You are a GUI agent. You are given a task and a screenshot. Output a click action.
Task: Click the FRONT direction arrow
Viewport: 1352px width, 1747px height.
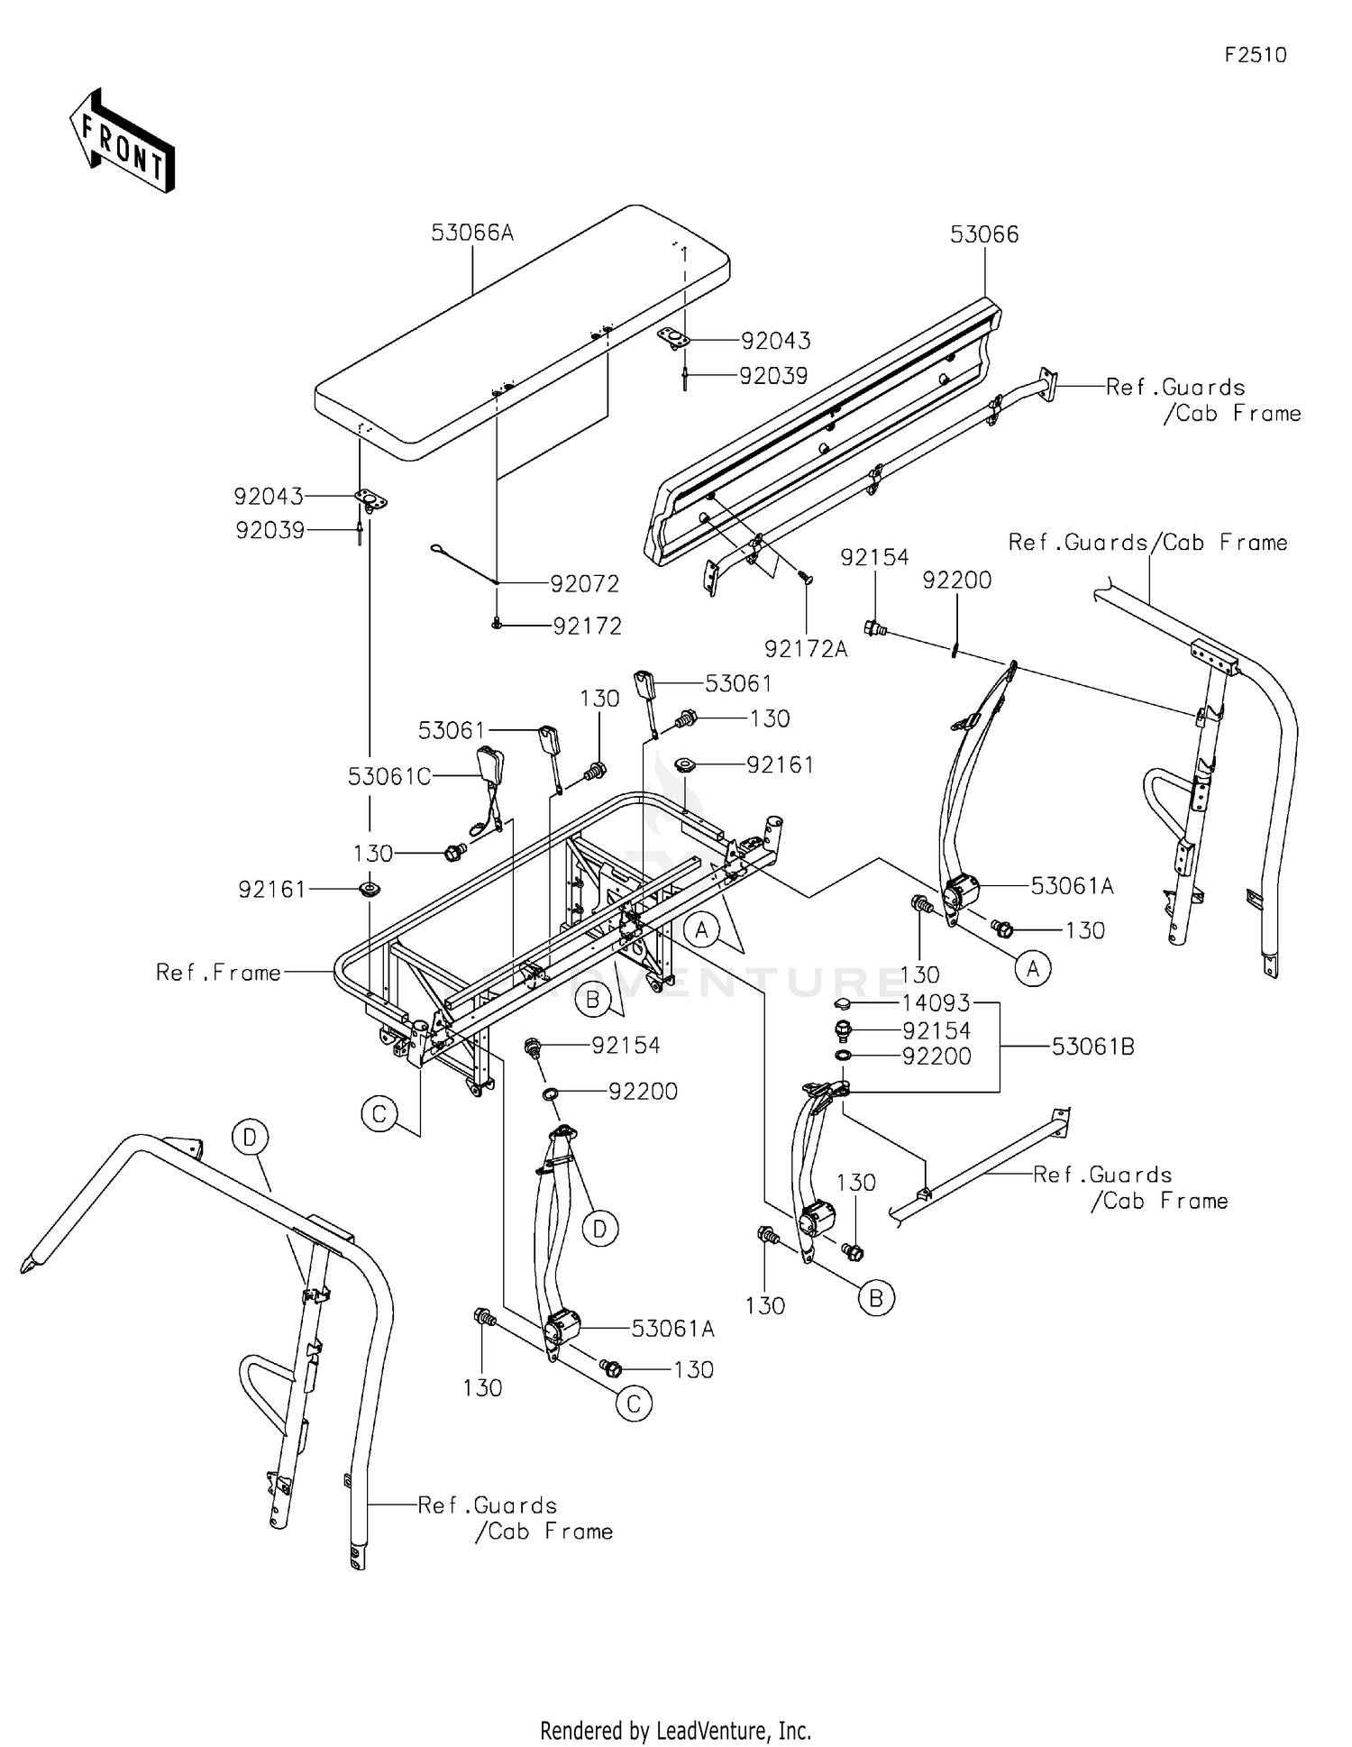pyautogui.click(x=122, y=141)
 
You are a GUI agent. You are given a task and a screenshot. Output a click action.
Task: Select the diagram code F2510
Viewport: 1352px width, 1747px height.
pyautogui.click(x=1256, y=55)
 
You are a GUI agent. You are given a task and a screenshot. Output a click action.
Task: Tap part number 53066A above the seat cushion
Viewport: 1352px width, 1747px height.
pyautogui.click(x=472, y=233)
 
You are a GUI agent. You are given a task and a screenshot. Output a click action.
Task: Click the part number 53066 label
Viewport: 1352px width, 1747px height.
pyautogui.click(x=984, y=234)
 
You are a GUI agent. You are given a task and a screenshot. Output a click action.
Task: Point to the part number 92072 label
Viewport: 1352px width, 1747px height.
pyautogui.click(x=585, y=584)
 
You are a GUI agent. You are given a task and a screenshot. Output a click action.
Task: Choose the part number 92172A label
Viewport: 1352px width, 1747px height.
pyautogui.click(x=806, y=649)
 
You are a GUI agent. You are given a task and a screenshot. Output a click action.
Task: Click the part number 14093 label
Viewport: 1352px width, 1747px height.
pyautogui.click(x=936, y=1003)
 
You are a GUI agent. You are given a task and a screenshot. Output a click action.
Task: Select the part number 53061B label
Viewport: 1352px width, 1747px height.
pyautogui.click(x=1092, y=1047)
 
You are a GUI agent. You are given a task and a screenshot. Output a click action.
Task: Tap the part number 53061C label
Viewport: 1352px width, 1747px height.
pyautogui.click(x=389, y=776)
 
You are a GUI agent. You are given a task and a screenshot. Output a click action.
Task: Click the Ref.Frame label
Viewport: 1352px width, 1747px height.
pyautogui.click(x=218, y=972)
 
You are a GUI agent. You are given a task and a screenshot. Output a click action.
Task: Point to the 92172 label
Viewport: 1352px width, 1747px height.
pyautogui.click(x=588, y=626)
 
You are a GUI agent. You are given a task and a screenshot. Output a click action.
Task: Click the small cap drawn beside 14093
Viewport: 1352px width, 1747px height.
pyautogui.click(x=843, y=1003)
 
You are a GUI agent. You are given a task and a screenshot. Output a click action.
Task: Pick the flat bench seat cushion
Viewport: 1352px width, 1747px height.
pyautogui.click(x=522, y=331)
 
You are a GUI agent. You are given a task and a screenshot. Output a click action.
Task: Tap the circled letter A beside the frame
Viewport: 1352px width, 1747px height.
pyautogui.click(x=702, y=929)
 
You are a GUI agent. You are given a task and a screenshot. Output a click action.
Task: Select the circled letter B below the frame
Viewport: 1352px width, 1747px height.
pyautogui.click(x=593, y=1000)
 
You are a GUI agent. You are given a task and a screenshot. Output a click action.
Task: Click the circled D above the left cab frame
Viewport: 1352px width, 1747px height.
pyautogui.click(x=250, y=1137)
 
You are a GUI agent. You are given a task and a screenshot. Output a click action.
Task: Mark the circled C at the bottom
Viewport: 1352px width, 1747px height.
pyautogui.click(x=634, y=1404)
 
